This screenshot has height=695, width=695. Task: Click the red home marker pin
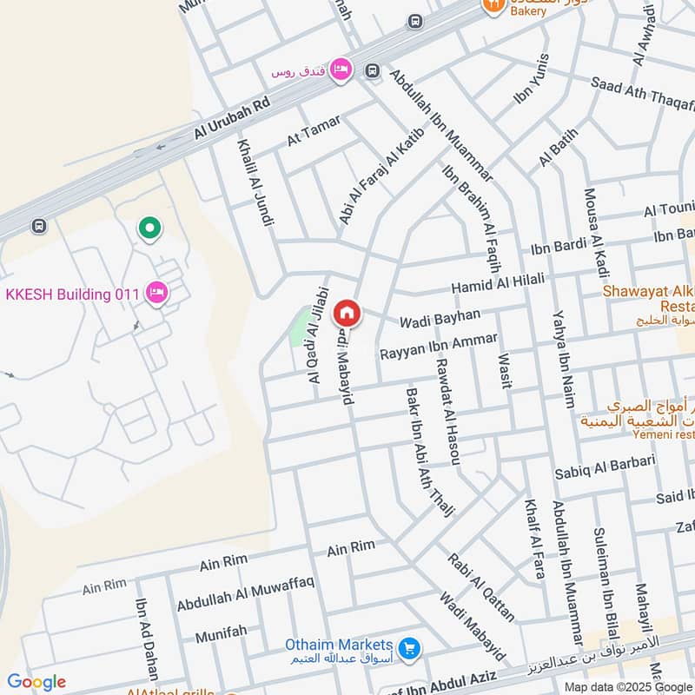(347, 312)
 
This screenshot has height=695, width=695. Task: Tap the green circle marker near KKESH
(149, 228)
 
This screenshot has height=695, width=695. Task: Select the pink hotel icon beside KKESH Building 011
(157, 292)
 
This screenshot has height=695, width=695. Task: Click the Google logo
(36, 682)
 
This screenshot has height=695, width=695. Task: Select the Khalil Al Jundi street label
(253, 182)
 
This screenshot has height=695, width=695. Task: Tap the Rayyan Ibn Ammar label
(439, 347)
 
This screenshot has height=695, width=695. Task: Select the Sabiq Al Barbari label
(604, 467)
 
